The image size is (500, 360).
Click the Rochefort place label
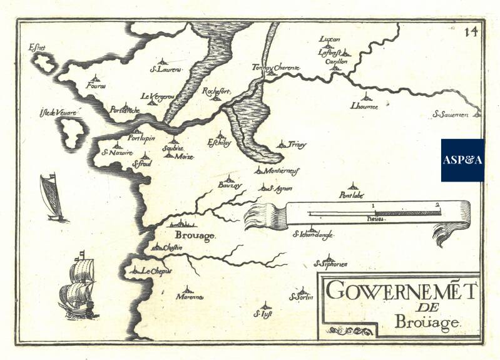pyautogui.click(x=217, y=91)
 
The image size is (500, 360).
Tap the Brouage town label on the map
pyautogui.click(x=195, y=236)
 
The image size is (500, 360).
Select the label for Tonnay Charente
pyautogui.click(x=277, y=67)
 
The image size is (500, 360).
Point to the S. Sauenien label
pyautogui.click(x=455, y=115)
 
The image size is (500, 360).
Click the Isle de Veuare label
pyautogui.click(x=58, y=113)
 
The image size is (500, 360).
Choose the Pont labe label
pyautogui.click(x=351, y=195)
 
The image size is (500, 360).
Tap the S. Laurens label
pyautogui.click(x=165, y=69)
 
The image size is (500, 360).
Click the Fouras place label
pyautogui.click(x=97, y=85)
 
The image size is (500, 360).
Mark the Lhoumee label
pyautogui.click(x=365, y=106)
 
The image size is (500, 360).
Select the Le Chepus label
pyautogui.click(x=155, y=271)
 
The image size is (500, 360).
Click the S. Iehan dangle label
pyautogui.click(x=313, y=235)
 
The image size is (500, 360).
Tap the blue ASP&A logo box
pyautogui.click(x=462, y=160)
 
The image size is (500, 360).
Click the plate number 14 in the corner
pyautogui.click(x=471, y=33)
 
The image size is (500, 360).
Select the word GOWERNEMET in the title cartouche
pyautogui.click(x=402, y=292)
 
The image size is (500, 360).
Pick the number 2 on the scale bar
pyautogui.click(x=438, y=204)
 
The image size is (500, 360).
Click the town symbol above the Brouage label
pyautogui.click(x=181, y=224)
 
